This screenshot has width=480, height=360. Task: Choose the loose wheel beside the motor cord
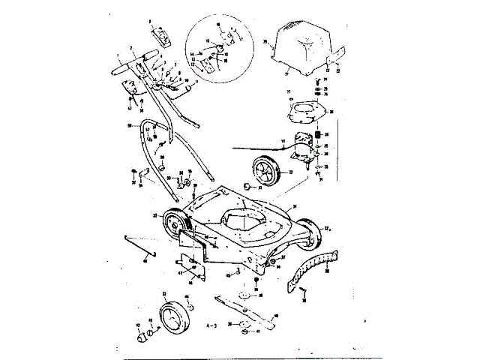[262, 169]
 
